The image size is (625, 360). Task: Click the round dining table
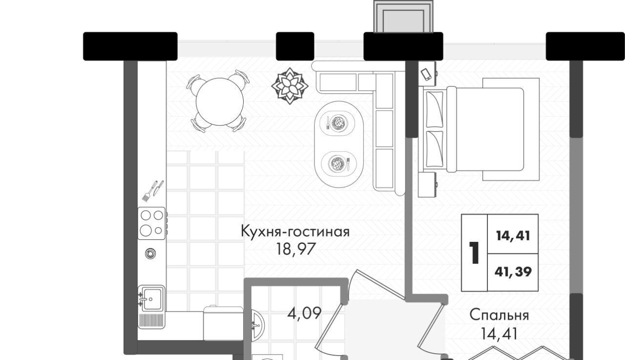click(x=220, y=102)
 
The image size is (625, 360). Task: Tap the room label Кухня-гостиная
click(x=295, y=232)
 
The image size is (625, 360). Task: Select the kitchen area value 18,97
click(x=296, y=249)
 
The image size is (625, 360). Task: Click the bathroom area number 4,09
click(x=304, y=313)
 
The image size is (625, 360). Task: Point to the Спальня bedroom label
click(x=499, y=315)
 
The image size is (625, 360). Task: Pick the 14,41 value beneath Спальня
click(x=499, y=334)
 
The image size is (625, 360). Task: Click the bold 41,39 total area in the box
click(x=513, y=272)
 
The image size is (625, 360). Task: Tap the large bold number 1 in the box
click(x=474, y=253)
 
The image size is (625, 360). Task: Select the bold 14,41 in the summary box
click(x=513, y=236)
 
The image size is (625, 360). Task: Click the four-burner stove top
click(x=152, y=223)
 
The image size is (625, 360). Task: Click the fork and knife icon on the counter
click(x=153, y=191)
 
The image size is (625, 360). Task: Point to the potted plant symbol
click(x=290, y=86)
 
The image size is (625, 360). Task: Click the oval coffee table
click(x=339, y=144)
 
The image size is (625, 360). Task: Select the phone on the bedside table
click(x=426, y=75)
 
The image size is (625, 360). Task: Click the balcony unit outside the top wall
click(x=403, y=16)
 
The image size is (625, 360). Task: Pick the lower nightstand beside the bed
click(x=427, y=185)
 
